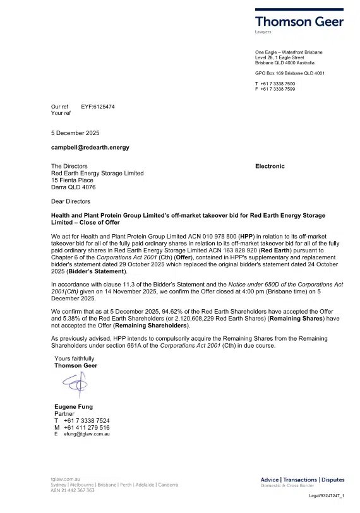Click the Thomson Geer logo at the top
point(299,21)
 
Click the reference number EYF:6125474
point(98,107)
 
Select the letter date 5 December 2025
point(75,133)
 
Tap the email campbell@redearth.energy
point(90,147)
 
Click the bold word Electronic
point(270,166)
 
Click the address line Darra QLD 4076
point(73,187)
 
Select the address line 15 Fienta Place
point(72,180)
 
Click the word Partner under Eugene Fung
point(64,414)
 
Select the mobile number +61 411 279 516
point(87,428)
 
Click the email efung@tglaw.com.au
point(87,435)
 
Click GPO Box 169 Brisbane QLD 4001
point(289,73)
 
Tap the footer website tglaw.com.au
point(65,479)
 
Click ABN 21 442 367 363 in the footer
point(73,490)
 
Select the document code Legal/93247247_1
point(326,497)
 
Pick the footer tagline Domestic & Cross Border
point(287,486)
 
